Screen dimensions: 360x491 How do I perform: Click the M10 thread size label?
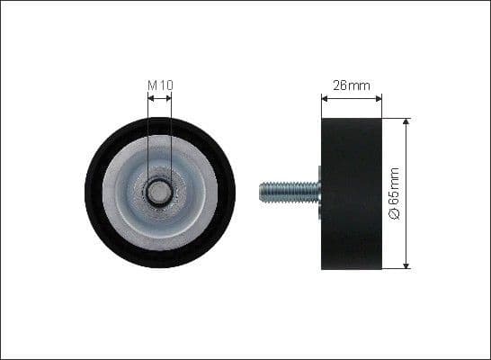(x=159, y=85)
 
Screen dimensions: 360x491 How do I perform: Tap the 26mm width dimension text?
(x=352, y=85)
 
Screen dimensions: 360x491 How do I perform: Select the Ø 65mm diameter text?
(x=393, y=193)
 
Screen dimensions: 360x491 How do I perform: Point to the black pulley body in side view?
(x=352, y=193)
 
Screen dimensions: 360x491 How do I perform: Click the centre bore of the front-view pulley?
(x=159, y=191)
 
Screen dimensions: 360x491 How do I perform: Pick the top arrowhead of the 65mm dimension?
(x=406, y=121)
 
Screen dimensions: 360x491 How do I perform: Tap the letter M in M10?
(x=151, y=85)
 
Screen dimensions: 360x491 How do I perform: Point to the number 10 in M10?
(x=165, y=85)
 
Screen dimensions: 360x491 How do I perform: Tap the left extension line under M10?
(x=147, y=135)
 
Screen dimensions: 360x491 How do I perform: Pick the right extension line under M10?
(x=171, y=135)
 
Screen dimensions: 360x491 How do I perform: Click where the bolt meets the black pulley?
(x=320, y=191)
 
